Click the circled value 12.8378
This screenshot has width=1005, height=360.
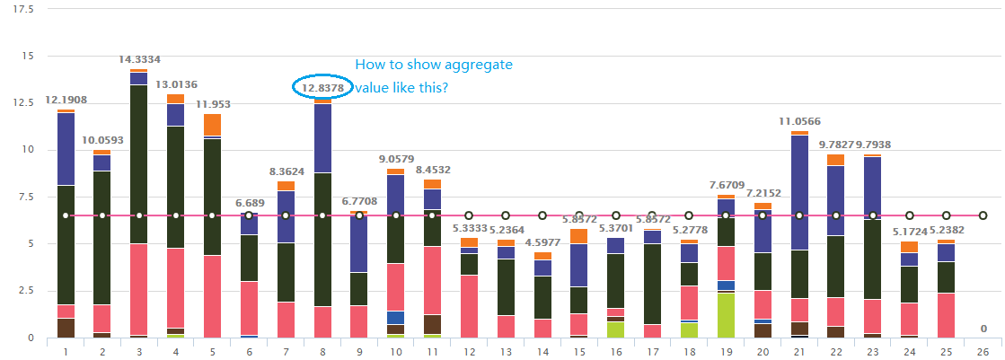[322, 88]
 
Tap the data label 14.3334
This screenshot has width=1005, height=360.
[139, 59]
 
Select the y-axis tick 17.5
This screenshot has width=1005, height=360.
[25, 9]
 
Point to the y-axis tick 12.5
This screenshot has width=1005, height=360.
[25, 102]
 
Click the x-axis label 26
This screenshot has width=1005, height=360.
[983, 350]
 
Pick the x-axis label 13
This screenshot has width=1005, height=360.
[506, 350]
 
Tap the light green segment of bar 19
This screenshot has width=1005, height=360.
[726, 315]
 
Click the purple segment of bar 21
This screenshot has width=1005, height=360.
[799, 192]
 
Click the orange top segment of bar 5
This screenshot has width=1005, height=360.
[212, 124]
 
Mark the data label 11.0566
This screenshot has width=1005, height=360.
[799, 121]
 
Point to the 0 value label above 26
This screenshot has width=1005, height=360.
[983, 329]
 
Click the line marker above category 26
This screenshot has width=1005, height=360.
[983, 215]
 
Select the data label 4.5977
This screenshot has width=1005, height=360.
[542, 241]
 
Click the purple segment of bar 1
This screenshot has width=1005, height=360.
[66, 149]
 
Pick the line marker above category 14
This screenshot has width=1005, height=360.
[542, 215]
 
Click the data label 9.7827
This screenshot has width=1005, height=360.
[834, 145]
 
